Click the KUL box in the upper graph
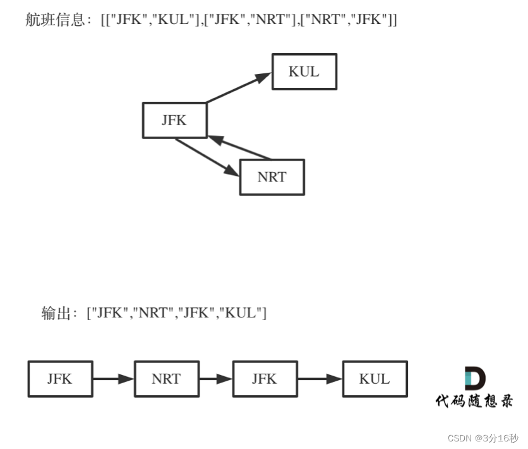point(304,71)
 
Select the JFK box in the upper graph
point(174,120)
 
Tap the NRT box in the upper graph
point(272,177)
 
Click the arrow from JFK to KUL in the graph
point(238,87)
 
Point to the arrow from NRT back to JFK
point(241,148)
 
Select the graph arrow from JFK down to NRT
point(207,157)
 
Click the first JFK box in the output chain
point(60,379)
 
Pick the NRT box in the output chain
point(167,379)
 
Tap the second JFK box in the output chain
point(265,379)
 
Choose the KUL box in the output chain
point(375,379)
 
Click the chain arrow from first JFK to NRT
point(114,379)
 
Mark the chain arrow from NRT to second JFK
point(216,379)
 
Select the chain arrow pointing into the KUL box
point(320,379)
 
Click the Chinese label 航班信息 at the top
point(54,20)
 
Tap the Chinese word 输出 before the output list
point(56,313)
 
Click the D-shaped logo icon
point(474,378)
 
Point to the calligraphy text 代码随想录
point(474,401)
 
